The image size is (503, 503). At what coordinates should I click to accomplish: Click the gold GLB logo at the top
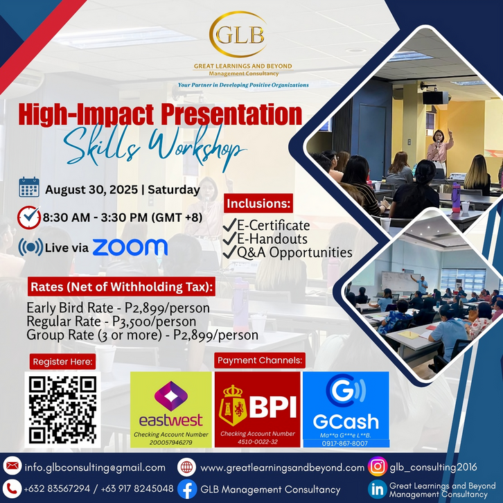pyautogui.click(x=238, y=35)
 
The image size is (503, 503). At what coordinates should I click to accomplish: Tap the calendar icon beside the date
pyautogui.click(x=29, y=187)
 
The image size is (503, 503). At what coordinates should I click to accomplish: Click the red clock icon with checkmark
pyautogui.click(x=29, y=217)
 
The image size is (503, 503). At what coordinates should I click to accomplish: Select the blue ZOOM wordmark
pyautogui.click(x=130, y=247)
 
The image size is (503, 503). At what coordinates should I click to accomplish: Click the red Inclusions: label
pyautogui.click(x=258, y=204)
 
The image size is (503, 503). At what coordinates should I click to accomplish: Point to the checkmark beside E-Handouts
pyautogui.click(x=229, y=238)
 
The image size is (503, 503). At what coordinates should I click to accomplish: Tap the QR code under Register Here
pyautogui.click(x=63, y=409)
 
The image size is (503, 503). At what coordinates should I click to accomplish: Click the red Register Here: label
pyautogui.click(x=62, y=362)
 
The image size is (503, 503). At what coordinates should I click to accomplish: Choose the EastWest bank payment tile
pyautogui.click(x=171, y=409)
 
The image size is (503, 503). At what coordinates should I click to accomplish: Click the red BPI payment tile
pyautogui.click(x=258, y=409)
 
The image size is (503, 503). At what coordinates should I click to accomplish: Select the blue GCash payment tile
pyautogui.click(x=346, y=409)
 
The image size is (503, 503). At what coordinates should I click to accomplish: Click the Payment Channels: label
pyautogui.click(x=260, y=360)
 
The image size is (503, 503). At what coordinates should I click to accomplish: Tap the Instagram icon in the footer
pyautogui.click(x=378, y=466)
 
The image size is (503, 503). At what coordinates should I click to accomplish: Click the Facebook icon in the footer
pyautogui.click(x=187, y=489)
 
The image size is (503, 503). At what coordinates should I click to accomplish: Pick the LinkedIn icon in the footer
pyautogui.click(x=378, y=489)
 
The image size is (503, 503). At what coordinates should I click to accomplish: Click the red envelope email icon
pyautogui.click(x=12, y=466)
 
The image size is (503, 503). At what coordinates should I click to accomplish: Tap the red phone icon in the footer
pyautogui.click(x=12, y=489)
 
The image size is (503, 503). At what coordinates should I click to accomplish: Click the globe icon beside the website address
pyautogui.click(x=186, y=467)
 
